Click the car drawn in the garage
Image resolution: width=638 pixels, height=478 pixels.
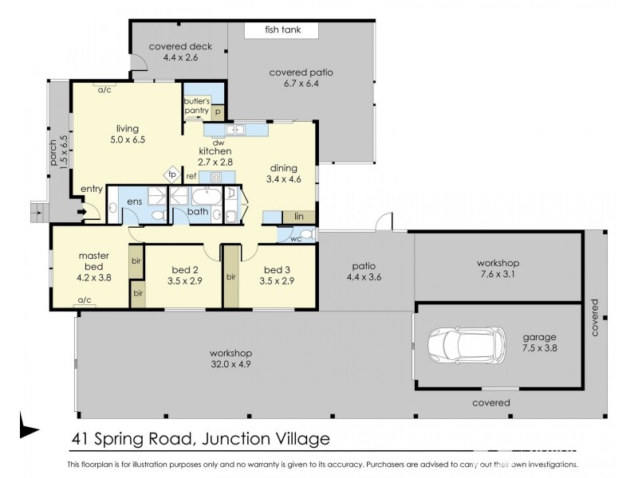tap(467, 346)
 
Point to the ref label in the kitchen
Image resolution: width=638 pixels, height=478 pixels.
tap(191, 176)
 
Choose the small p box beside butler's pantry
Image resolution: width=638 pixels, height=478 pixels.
tap(217, 112)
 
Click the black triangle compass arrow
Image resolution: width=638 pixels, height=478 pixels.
tap(29, 430)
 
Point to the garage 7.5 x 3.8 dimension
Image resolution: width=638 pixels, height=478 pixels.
tap(541, 349)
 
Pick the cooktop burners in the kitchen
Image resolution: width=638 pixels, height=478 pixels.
tap(215, 177)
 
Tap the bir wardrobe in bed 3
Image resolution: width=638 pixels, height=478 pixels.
tap(230, 277)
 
